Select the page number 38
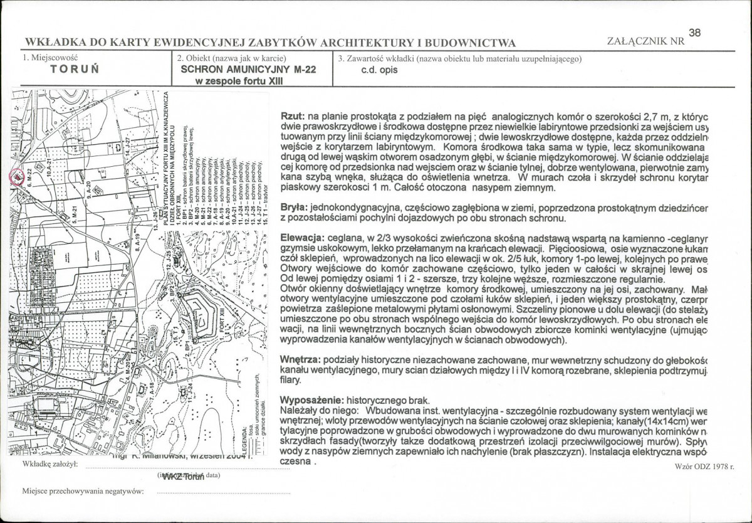(694, 32)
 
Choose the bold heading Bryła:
(295, 206)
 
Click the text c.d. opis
(379, 70)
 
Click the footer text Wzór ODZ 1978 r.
(704, 467)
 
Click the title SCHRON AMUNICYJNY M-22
(248, 70)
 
